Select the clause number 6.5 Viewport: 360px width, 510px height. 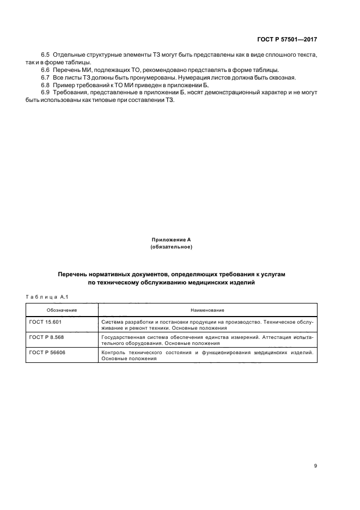tap(46, 56)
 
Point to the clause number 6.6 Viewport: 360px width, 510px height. tap(46, 70)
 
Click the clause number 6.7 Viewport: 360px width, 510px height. tap(46, 78)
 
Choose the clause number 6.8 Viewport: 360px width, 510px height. tap(46, 85)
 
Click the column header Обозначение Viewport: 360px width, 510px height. tap(62, 309)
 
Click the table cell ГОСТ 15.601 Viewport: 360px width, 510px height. tap(46, 323)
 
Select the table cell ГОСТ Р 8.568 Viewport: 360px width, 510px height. tap(47, 338)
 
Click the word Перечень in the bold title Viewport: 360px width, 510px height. tap(76, 276)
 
